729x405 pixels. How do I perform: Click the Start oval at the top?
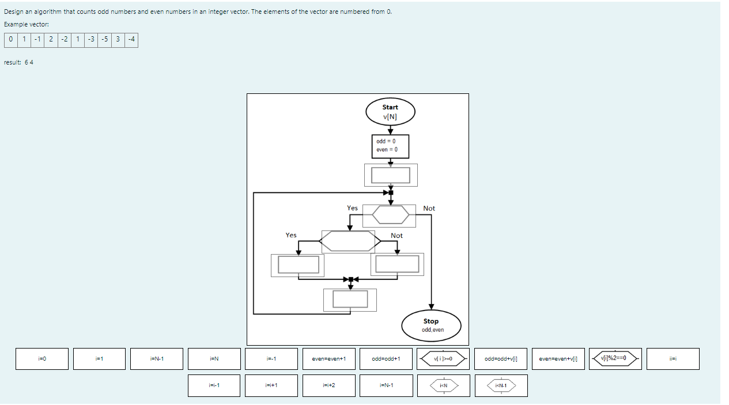click(390, 112)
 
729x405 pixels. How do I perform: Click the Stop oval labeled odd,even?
click(431, 325)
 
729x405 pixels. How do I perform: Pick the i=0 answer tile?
click(41, 359)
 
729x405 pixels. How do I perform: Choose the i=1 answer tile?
click(99, 359)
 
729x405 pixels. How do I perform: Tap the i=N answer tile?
click(214, 359)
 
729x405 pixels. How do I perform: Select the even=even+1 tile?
click(328, 359)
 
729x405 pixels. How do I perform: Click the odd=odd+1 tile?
click(386, 359)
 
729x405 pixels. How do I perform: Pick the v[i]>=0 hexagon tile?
click(443, 359)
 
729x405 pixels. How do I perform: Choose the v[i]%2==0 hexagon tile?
click(615, 358)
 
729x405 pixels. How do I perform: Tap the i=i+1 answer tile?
click(271, 385)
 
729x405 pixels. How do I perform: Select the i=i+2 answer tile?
click(328, 385)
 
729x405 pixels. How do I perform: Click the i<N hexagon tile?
click(443, 385)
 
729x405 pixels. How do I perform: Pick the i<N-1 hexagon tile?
click(501, 385)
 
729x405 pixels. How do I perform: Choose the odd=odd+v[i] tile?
click(501, 359)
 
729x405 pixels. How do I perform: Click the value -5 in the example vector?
click(104, 40)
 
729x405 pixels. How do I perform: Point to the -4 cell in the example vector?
click(131, 40)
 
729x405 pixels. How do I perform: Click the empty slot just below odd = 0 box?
click(391, 175)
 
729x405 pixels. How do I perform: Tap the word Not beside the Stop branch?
click(429, 208)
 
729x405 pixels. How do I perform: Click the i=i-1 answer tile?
click(214, 385)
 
